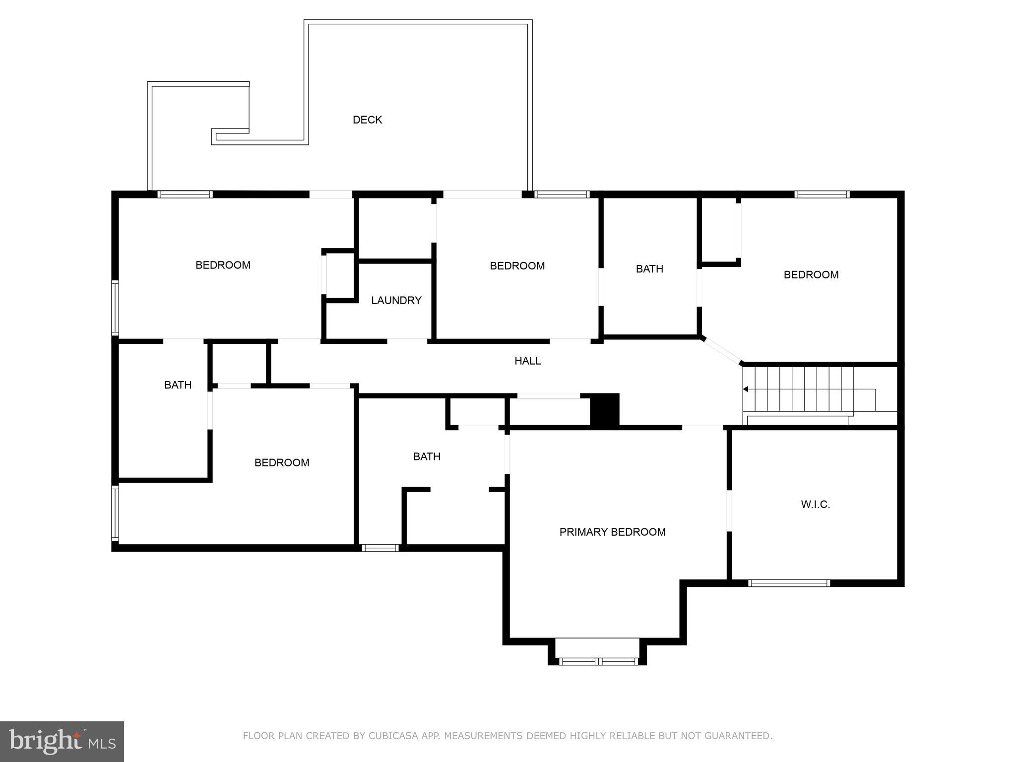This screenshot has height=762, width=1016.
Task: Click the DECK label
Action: click(x=367, y=120)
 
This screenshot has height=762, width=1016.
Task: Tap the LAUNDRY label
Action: click(x=396, y=300)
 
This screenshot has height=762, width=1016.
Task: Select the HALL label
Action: click(x=527, y=361)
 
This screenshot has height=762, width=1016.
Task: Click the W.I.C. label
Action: click(x=815, y=505)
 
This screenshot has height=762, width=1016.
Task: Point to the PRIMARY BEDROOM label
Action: click(x=612, y=532)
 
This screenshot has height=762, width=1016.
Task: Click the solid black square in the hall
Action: click(x=604, y=409)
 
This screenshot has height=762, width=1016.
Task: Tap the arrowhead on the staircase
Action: click(x=745, y=389)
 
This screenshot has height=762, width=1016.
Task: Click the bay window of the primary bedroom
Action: click(x=597, y=661)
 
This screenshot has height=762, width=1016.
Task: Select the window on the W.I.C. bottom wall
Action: click(x=789, y=583)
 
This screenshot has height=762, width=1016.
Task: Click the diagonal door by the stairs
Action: click(x=722, y=351)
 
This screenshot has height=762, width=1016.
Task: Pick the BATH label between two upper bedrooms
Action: click(x=649, y=269)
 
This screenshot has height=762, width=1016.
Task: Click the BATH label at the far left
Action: click(x=178, y=385)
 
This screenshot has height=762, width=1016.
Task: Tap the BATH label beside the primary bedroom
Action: click(x=427, y=456)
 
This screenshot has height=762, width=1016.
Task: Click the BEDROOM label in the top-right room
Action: click(x=811, y=275)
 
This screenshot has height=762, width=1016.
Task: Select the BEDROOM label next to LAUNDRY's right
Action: click(x=517, y=266)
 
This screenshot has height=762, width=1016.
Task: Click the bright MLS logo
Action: click(x=62, y=742)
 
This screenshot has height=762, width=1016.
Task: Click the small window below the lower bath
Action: click(x=380, y=548)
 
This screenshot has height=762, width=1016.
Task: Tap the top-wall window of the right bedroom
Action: click(x=822, y=194)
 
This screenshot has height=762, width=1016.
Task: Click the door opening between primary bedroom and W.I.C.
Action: click(x=729, y=510)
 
